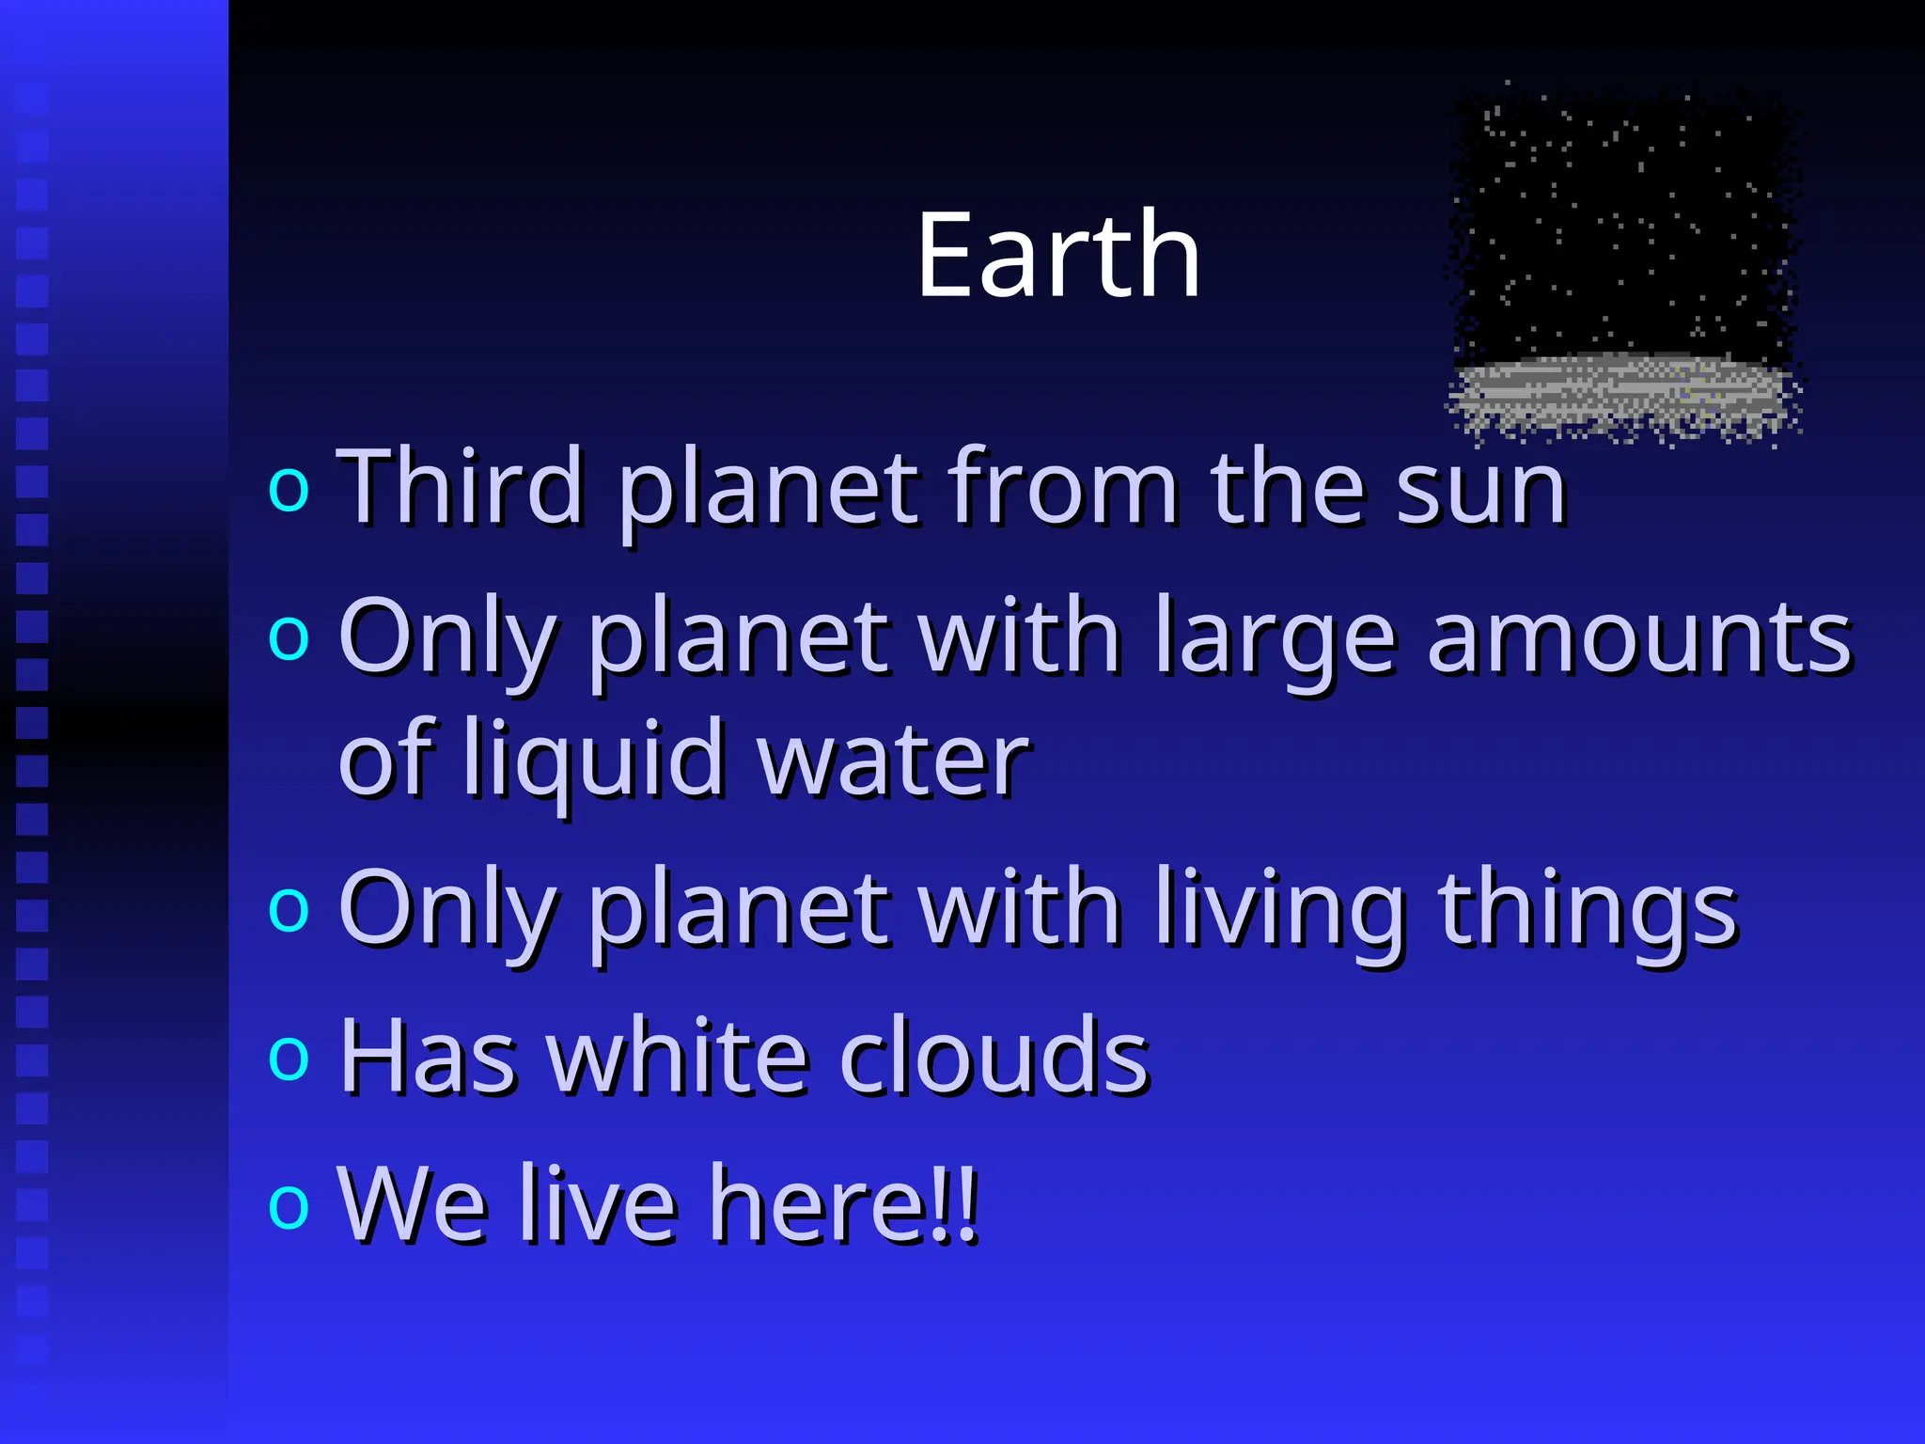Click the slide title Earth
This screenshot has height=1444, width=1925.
pos(1058,256)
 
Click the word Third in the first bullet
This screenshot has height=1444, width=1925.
pos(460,487)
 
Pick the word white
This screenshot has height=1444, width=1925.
pos(677,1058)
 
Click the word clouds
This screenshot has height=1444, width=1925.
pos(994,1058)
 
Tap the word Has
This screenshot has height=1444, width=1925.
pos(428,1058)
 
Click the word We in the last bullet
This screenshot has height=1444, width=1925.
pos(413,1205)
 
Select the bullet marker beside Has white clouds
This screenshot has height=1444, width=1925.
pos(288,1058)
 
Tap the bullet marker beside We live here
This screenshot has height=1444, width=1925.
pos(288,1206)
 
